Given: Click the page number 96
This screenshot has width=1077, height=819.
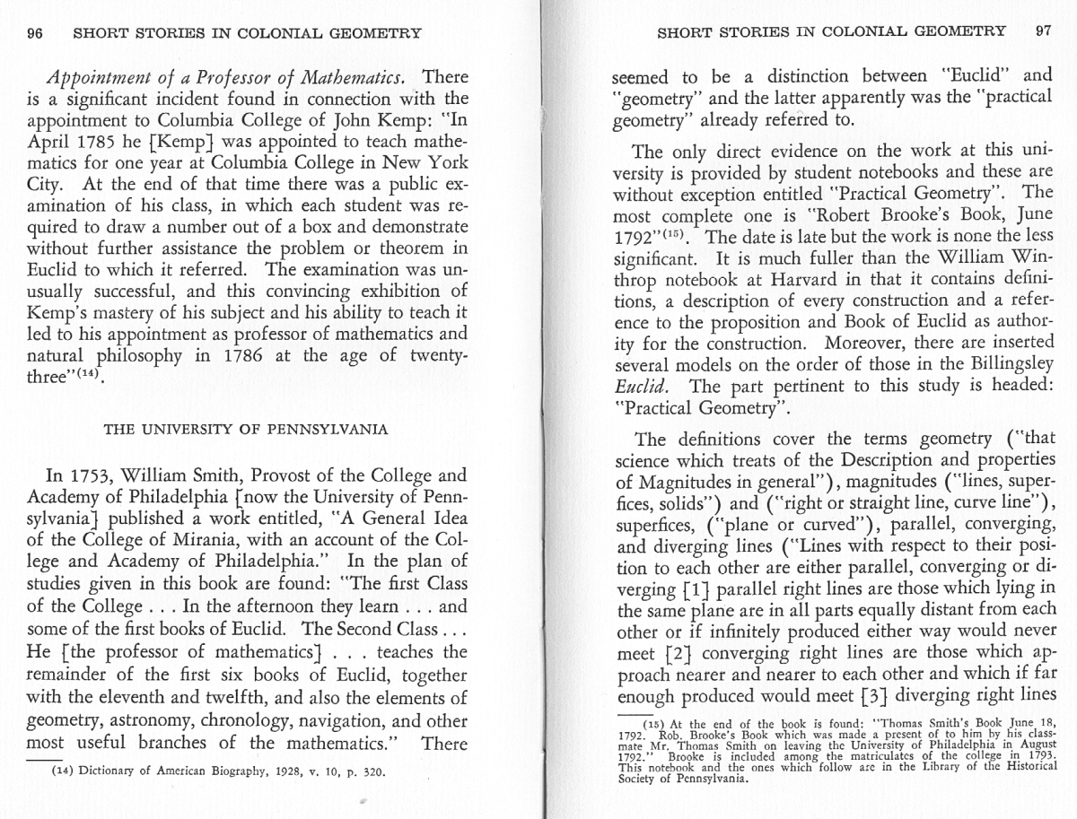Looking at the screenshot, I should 36,33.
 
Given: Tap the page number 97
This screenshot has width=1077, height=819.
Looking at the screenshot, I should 1042,30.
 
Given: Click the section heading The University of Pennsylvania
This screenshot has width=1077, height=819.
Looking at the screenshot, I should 247,429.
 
